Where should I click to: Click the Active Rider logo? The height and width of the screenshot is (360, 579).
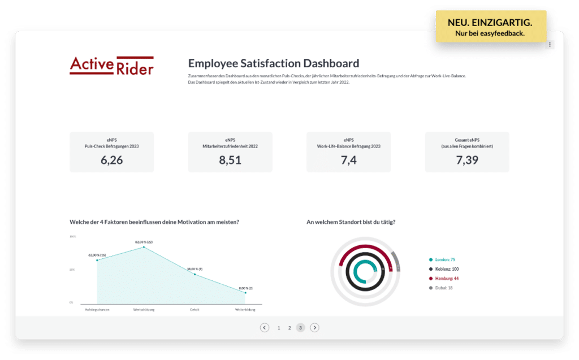pos(111,66)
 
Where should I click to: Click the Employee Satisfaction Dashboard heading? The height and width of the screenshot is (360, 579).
pos(273,63)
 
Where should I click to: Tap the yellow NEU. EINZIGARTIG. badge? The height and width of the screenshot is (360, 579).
pos(490,27)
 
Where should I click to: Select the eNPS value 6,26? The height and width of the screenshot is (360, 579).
pos(111,160)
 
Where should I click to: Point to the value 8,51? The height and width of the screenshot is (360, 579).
pos(230,160)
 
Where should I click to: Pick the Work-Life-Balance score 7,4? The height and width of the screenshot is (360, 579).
pos(348,160)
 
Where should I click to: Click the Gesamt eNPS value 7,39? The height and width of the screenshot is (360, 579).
pos(467,160)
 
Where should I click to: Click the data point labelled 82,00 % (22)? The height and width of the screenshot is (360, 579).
pos(144,247)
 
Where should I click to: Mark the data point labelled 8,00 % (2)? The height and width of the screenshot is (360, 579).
pos(245,293)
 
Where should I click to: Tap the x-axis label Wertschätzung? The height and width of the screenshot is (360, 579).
pos(144,310)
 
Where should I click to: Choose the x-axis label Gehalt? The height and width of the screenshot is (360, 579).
pos(195,310)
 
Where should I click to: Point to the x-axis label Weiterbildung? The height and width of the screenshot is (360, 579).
pos(245,310)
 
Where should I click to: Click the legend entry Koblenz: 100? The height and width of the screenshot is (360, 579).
pos(446,269)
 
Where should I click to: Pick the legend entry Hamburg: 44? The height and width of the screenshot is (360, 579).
pos(446,279)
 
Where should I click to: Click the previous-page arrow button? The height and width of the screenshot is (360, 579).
pos(264,328)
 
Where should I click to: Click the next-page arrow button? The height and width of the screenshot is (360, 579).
pos(315,328)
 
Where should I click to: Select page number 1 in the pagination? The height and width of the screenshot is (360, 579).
pos(279,328)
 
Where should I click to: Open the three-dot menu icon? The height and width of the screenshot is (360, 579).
pos(550,45)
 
